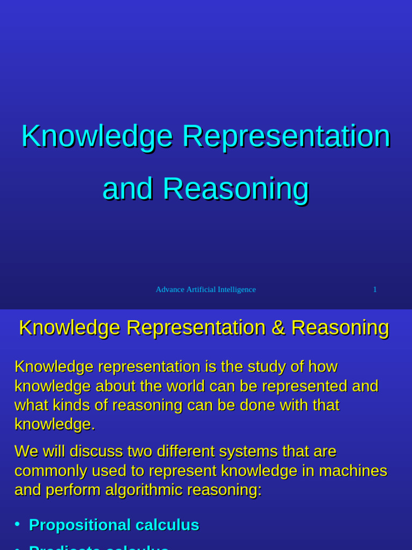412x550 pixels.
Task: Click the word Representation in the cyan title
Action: tap(286, 136)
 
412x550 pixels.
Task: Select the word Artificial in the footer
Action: tap(202, 290)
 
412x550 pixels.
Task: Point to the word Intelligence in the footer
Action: tap(237, 290)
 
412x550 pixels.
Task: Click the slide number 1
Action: tap(375, 290)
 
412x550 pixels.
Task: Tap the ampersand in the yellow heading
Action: tap(278, 328)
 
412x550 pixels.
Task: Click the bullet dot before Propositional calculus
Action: tap(17, 524)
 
